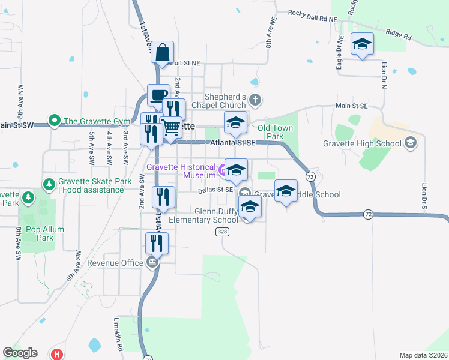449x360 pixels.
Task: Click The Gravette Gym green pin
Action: (55, 120)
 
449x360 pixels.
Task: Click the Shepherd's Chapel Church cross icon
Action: (256, 99)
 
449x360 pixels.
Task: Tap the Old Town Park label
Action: (275, 132)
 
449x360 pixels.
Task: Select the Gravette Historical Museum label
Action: (181, 170)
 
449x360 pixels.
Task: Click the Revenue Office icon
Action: (152, 263)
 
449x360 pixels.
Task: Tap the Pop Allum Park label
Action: (37, 233)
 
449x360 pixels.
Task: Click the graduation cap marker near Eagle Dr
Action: (363, 44)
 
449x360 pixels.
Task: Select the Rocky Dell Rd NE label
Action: (312, 16)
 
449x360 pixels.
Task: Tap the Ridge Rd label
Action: (399, 35)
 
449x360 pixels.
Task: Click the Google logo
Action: (20, 353)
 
